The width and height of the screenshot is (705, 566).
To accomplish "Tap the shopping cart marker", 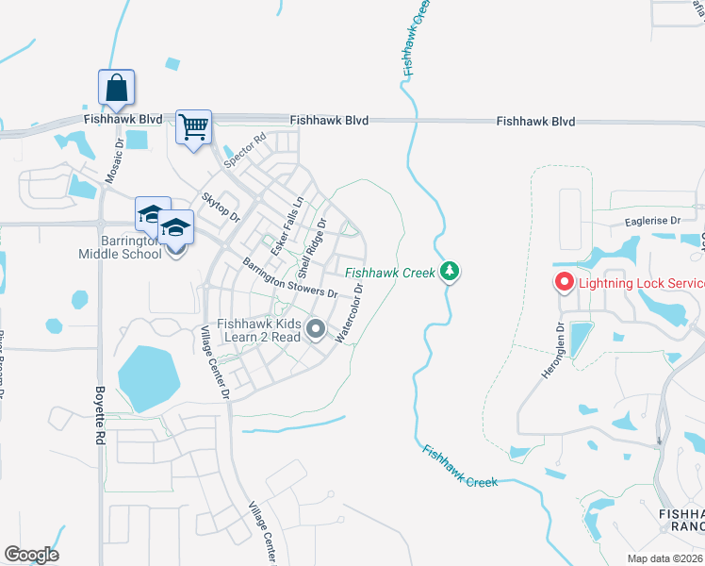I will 193,126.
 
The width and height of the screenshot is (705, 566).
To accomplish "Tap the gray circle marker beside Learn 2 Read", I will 316,329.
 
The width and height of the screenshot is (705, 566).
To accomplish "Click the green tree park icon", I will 451,272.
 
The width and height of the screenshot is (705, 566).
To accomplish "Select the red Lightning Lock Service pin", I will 564,281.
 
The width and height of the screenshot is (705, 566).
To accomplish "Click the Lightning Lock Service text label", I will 642,283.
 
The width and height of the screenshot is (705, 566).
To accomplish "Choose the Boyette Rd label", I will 98,415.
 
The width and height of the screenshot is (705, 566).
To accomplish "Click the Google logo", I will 31,555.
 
